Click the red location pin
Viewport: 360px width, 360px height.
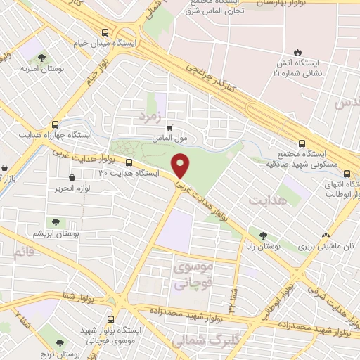[x=181, y=165]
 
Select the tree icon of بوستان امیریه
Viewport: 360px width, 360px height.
[x=41, y=58]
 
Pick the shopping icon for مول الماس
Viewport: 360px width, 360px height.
[x=169, y=128]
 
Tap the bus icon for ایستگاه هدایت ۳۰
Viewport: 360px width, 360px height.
[x=127, y=162]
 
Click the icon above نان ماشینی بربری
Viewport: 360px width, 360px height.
[x=325, y=236]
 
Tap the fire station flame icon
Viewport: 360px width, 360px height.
[x=297, y=52]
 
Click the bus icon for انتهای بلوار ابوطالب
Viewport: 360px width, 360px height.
[x=347, y=174]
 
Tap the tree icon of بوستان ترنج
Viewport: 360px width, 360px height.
[x=59, y=342]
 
